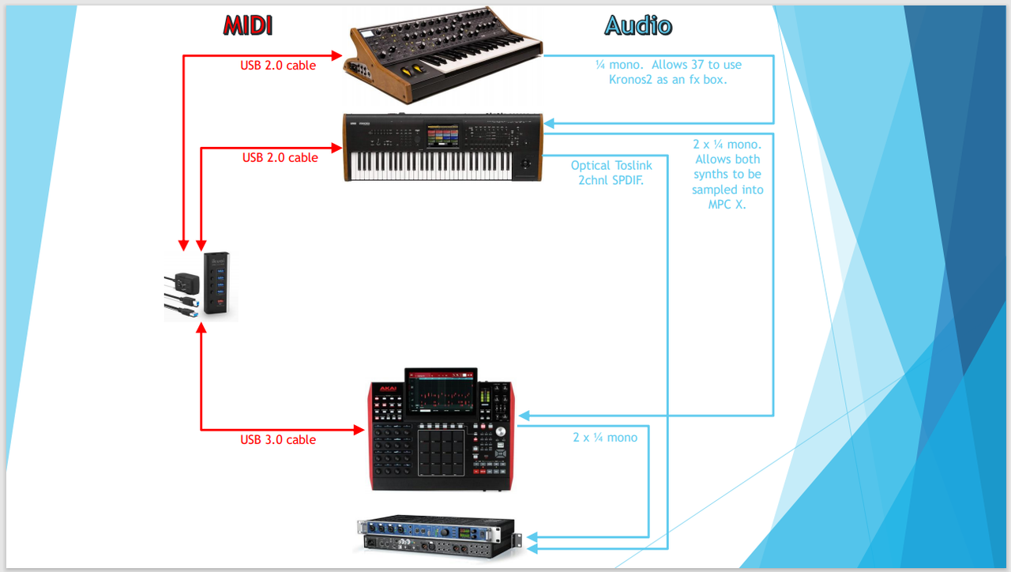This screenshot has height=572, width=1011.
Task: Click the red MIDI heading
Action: point(248,25)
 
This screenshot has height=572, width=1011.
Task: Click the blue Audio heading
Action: point(638,25)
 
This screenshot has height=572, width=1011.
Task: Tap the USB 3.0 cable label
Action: point(278,440)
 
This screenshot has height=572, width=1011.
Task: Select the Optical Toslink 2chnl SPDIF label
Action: point(611,173)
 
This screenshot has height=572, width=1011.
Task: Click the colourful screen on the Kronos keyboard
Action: point(443,135)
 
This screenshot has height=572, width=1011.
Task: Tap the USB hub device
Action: point(216,283)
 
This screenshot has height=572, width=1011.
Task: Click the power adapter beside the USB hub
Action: point(186,284)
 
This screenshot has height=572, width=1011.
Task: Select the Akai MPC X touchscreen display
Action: point(441,392)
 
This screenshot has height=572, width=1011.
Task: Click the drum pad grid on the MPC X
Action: point(441,453)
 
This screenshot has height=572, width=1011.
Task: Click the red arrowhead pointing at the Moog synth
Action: point(336,55)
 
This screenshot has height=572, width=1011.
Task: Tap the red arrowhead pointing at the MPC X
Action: point(359,430)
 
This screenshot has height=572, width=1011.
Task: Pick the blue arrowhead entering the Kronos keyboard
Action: point(549,122)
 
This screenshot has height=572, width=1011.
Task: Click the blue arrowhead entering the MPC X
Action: point(524,416)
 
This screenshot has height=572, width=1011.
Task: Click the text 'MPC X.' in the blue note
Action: point(727,205)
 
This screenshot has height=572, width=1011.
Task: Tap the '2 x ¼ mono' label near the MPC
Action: point(605,438)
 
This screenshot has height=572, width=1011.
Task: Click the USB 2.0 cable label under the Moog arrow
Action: point(278,66)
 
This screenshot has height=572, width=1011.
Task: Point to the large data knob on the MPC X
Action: point(501,432)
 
